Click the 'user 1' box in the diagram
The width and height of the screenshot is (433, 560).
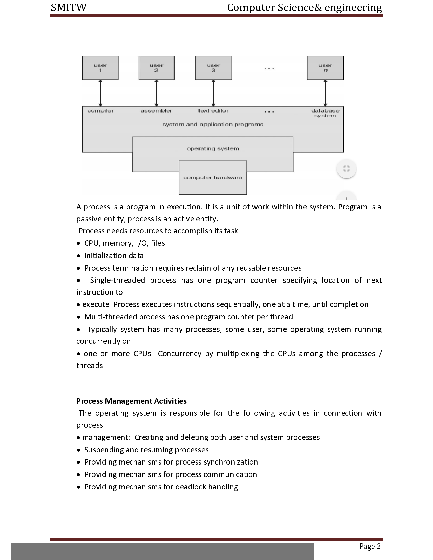point(100,68)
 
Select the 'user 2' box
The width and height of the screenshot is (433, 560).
point(156,68)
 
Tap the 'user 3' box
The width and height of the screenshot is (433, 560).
point(213,68)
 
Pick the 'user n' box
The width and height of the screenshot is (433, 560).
point(325,68)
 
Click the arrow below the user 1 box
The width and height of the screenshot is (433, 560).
point(101,93)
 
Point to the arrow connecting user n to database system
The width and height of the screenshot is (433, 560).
point(325,93)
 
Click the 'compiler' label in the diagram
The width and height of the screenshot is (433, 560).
point(100,111)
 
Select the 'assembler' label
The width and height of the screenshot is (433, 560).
point(156,111)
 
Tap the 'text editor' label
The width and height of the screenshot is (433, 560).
point(213,111)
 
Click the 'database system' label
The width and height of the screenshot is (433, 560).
point(325,113)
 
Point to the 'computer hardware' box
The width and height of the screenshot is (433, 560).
point(213,177)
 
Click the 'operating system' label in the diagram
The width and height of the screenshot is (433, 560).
point(213,149)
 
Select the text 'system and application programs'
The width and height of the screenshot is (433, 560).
point(213,125)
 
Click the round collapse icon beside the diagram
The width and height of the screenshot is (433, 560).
point(346,169)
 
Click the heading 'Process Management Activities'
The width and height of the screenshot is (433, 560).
point(131,401)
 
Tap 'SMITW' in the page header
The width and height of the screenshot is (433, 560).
point(69,8)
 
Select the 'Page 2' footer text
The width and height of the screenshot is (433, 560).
point(370,546)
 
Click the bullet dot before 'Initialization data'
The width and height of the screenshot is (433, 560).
point(78,256)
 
